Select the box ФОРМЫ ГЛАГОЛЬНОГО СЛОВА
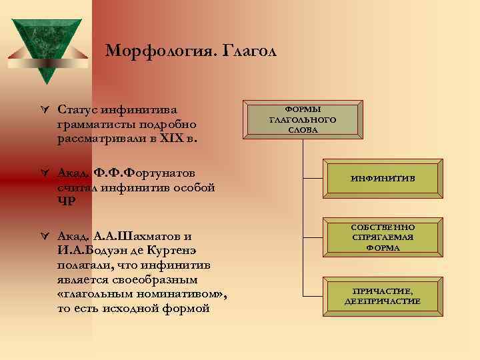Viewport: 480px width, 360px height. [302, 119]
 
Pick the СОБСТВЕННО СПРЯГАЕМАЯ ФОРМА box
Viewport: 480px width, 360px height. [383, 237]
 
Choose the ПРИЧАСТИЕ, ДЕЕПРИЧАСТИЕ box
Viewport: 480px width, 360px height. [383, 296]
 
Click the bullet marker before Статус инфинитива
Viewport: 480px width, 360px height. [44, 109]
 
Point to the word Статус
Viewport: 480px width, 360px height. [77, 109]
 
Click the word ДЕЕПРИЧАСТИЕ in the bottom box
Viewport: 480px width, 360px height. [383, 302]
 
